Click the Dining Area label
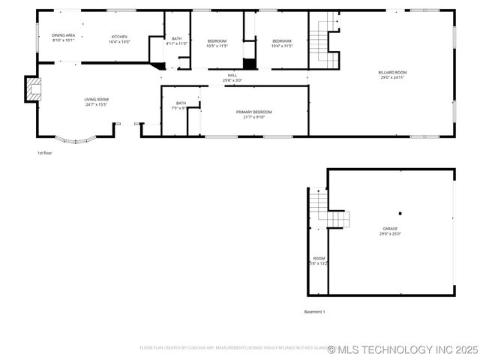[x=63, y=37]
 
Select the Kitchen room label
[x=119, y=39]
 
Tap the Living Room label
[x=96, y=102]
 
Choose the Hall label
[x=232, y=77]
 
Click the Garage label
[x=390, y=231]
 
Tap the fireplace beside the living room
[x=33, y=89]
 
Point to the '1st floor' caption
[x=45, y=153]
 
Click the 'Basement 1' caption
[x=314, y=311]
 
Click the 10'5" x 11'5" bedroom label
[x=217, y=43]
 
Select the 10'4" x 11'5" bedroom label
[x=281, y=43]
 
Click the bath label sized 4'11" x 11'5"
[x=176, y=41]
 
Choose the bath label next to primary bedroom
[x=181, y=106]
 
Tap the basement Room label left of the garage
[x=319, y=260]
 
